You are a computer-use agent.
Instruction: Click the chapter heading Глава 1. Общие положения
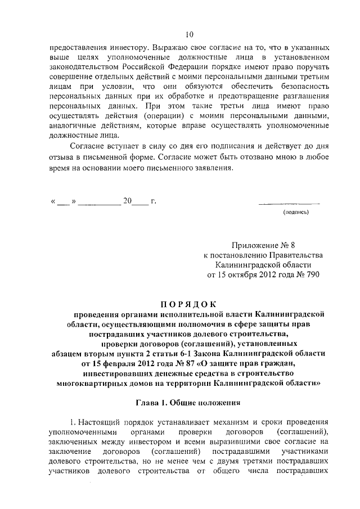click(x=188, y=402)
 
